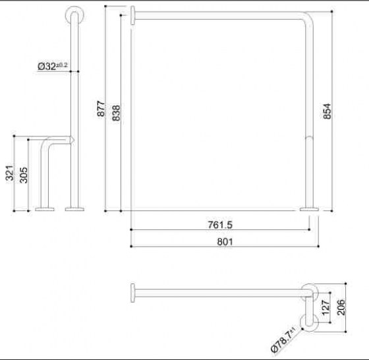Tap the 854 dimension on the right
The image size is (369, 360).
click(327, 111)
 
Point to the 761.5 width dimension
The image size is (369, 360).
click(220, 225)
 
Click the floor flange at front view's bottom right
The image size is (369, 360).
click(309, 209)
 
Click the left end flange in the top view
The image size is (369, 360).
click(134, 291)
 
